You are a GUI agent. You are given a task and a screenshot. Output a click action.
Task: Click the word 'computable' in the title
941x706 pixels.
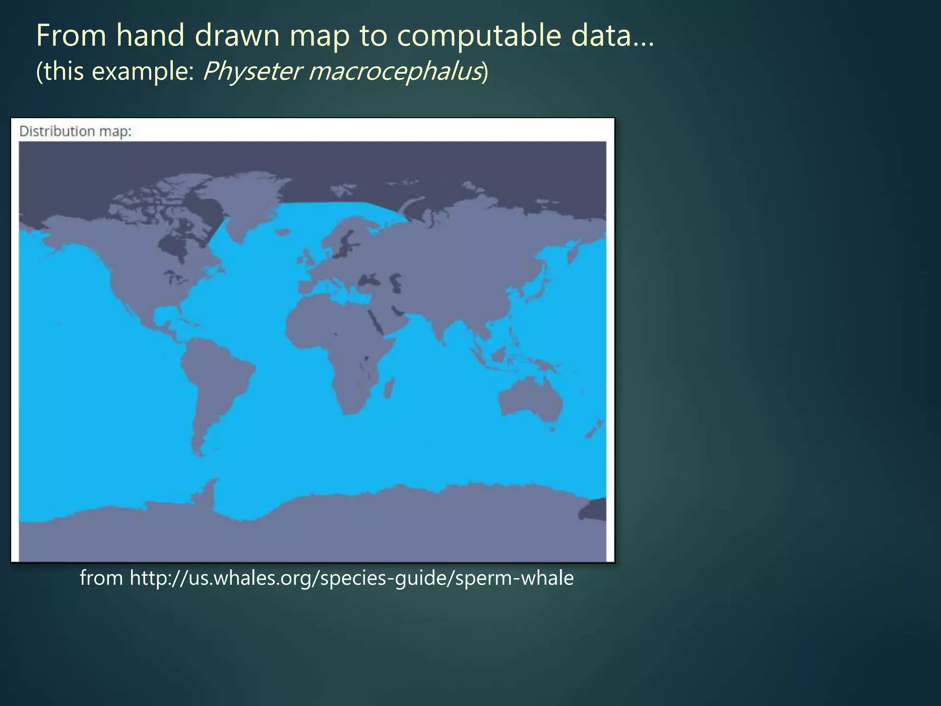coord(478,35)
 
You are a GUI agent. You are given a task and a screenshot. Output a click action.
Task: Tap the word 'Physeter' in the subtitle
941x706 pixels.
coord(251,71)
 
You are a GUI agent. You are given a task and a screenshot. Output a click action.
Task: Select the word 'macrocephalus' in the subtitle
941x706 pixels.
coord(395,71)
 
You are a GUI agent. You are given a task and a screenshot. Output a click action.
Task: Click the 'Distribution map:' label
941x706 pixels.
coord(75,131)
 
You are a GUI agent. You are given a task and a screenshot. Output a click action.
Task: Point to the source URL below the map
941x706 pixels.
coord(327,578)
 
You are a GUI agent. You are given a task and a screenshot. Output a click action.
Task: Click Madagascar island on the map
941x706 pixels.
coord(389,388)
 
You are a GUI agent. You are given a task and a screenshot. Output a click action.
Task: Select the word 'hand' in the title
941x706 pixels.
coord(150,35)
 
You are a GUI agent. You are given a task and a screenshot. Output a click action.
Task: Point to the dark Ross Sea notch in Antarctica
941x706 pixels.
coord(593,509)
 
